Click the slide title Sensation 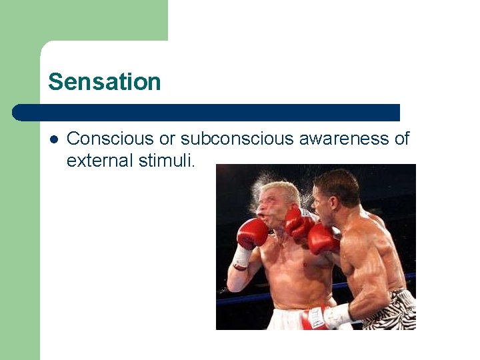point(105,82)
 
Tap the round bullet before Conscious point(53,139)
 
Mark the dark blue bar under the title point(207,113)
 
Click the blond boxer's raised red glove point(253,233)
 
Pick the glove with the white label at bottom point(315,319)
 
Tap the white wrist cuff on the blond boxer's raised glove point(241,257)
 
